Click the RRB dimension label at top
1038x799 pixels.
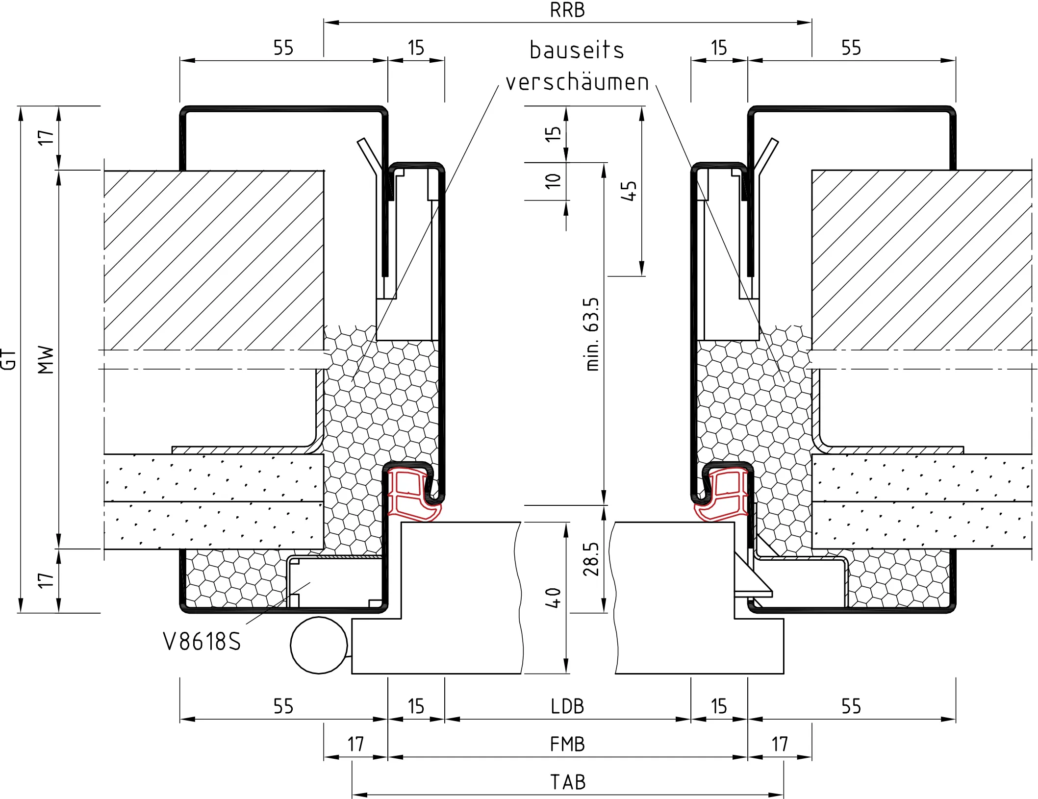click(567, 10)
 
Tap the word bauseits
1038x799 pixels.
click(577, 50)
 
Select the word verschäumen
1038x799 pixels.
click(577, 82)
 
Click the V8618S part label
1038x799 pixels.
click(202, 641)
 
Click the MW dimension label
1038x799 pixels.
click(46, 360)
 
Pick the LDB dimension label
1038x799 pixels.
click(567, 706)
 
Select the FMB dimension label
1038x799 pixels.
click(567, 744)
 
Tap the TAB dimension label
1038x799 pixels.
click(568, 782)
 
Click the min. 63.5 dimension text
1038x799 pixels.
click(592, 334)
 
